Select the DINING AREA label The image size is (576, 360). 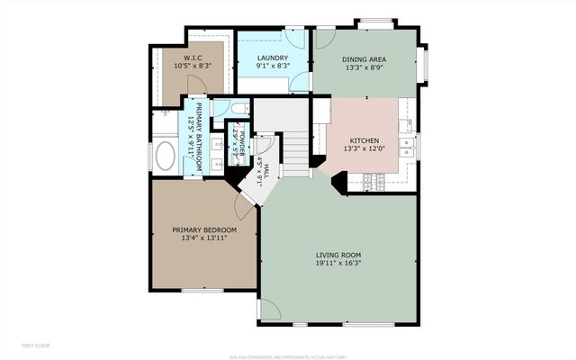[364, 61]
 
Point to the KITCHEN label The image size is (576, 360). [364, 140]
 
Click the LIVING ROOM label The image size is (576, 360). [338, 255]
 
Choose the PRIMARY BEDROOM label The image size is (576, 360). [204, 230]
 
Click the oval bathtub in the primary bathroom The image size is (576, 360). [166, 156]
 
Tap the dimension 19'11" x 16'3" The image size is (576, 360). [338, 264]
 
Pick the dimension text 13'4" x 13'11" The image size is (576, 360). [204, 239]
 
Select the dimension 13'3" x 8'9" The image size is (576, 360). [364, 70]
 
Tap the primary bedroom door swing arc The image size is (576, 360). [243, 207]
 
